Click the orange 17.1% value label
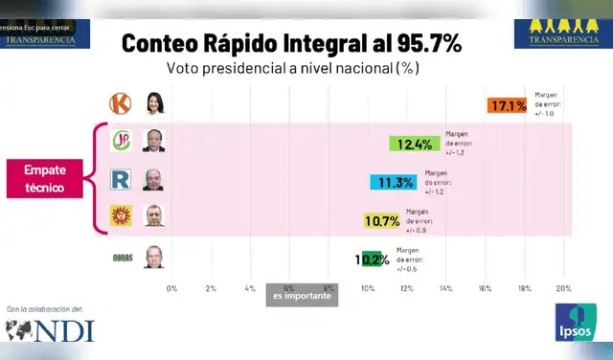(x=507, y=105)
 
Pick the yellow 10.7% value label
(x=383, y=220)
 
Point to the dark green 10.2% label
(x=372, y=259)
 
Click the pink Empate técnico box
(x=45, y=180)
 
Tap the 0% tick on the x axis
(x=171, y=288)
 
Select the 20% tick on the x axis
(x=563, y=288)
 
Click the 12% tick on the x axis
(x=407, y=288)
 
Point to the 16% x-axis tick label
(x=486, y=288)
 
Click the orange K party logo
(x=122, y=101)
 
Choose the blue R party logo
(x=122, y=178)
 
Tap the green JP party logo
(x=122, y=140)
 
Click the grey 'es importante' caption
(x=302, y=297)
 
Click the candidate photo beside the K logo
(x=153, y=101)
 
